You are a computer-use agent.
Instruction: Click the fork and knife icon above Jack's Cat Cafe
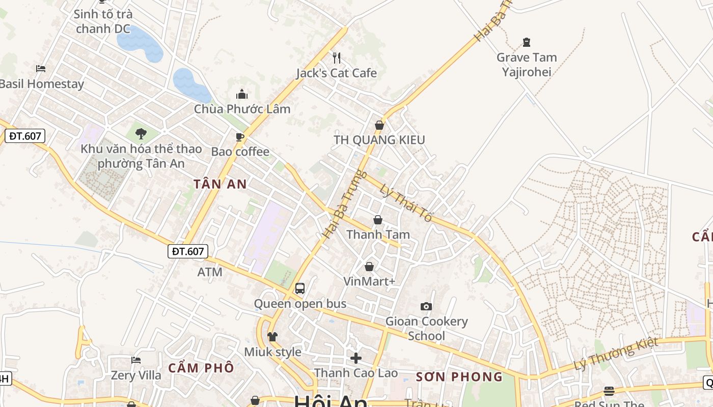336,57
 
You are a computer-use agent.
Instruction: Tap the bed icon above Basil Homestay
41,68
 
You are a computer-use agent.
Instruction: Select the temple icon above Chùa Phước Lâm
242,94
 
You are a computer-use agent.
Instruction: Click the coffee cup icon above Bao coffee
240,137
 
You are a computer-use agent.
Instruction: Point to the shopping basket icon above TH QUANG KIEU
379,125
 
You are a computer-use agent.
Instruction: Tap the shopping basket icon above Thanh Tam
378,220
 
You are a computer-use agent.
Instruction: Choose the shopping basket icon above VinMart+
369,267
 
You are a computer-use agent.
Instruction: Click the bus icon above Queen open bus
300,288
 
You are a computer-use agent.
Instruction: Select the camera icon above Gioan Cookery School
426,306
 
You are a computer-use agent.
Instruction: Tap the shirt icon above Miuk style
272,337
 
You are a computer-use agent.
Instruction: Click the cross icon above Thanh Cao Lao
355,358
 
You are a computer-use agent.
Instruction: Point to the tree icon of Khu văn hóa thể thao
141,134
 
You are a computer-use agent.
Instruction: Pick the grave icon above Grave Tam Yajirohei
527,42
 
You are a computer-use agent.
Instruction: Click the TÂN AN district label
220,184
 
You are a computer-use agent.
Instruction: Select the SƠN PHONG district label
459,377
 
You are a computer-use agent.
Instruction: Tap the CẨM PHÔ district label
201,367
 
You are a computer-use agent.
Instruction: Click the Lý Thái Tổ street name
406,202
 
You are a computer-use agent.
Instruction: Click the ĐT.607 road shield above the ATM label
187,251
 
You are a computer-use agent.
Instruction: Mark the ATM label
210,272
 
